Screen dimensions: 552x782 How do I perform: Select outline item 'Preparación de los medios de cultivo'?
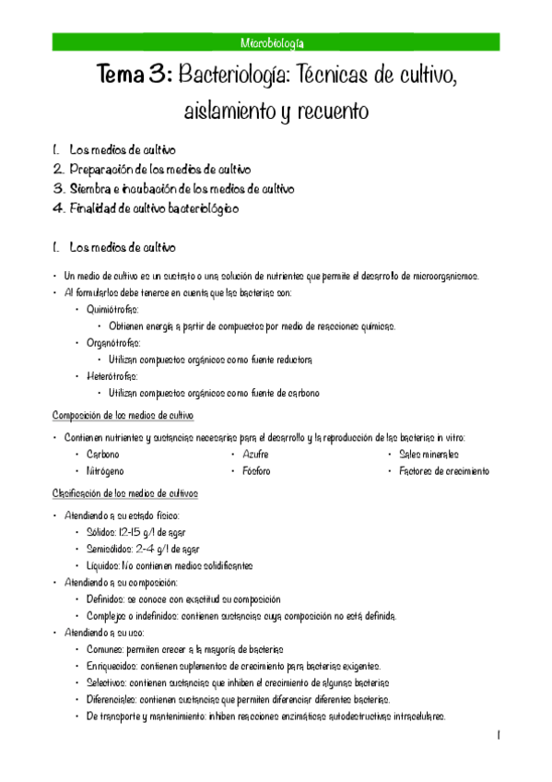159,169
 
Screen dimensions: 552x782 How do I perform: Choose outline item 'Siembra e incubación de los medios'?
182,188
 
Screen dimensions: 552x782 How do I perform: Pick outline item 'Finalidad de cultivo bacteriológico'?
154,208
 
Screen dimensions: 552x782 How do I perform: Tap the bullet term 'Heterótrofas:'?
112,376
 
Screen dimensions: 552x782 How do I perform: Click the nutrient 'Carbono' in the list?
102,455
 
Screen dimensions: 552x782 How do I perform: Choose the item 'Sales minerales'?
429,455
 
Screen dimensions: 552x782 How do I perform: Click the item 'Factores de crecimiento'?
444,471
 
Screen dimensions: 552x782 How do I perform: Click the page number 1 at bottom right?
497,736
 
